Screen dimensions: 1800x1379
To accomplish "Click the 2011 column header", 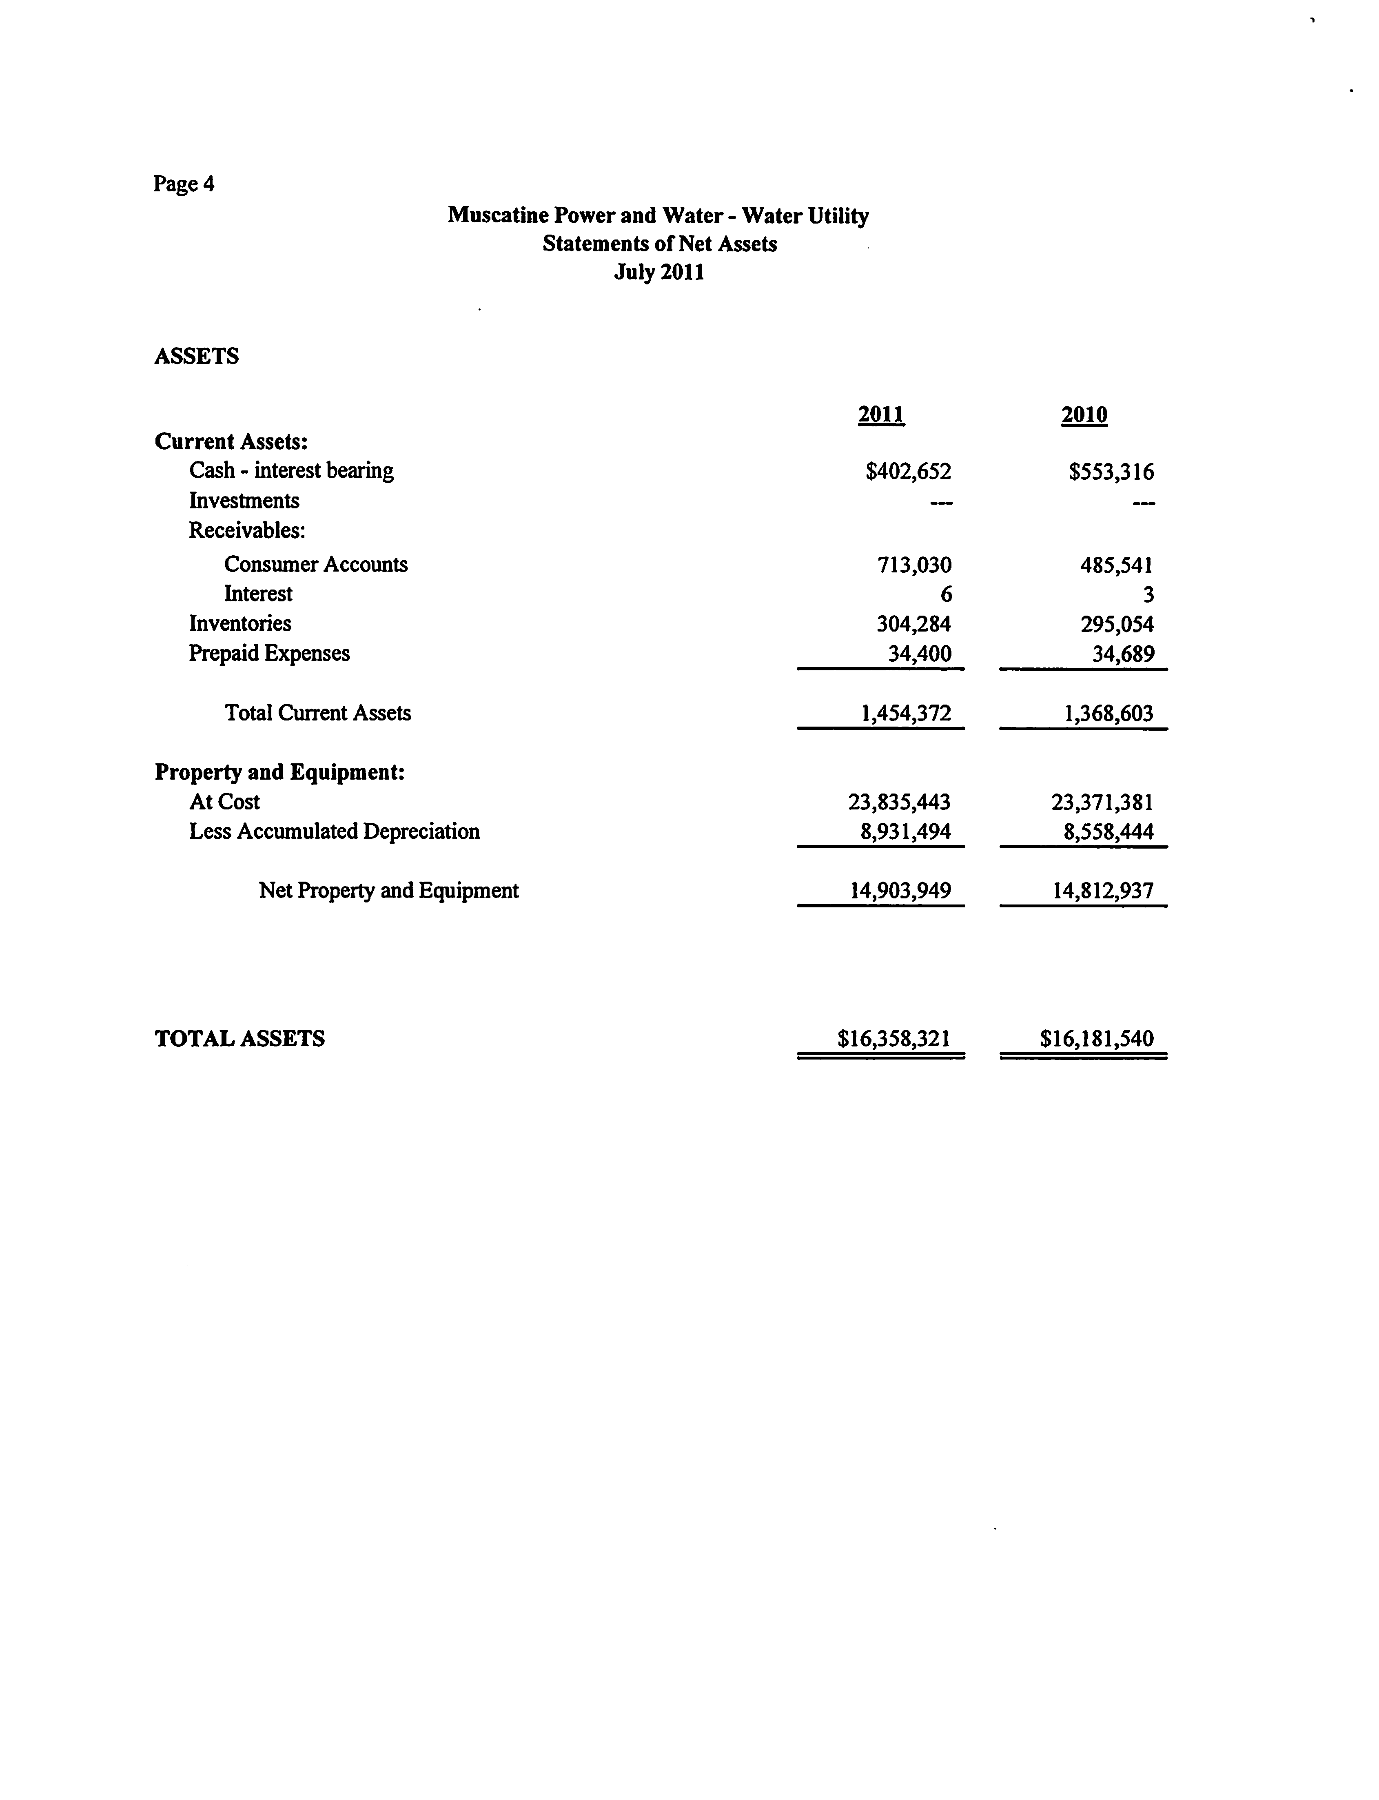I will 881,415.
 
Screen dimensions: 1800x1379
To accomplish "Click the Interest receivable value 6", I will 946,594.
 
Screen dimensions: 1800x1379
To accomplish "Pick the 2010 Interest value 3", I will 1148,594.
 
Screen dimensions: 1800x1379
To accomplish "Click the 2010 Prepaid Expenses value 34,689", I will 1123,654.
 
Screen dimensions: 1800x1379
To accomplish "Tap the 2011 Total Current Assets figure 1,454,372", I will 905,713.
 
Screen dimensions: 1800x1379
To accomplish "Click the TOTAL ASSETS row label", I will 239,1039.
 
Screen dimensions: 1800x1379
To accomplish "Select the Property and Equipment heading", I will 279,772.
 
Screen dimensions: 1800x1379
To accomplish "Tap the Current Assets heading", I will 231,441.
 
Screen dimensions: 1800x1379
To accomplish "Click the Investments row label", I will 244,501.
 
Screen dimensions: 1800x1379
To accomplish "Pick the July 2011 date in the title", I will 659,273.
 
